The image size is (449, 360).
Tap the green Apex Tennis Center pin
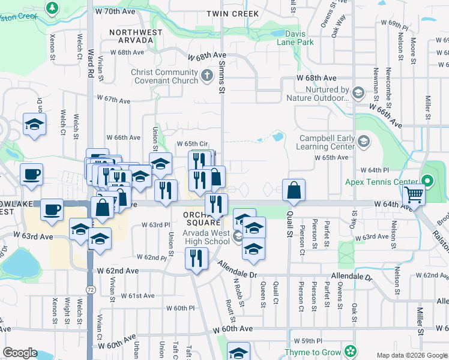pyautogui.click(x=427, y=181)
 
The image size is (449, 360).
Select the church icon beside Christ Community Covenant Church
pyautogui.click(x=207, y=76)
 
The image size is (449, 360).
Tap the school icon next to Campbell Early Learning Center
pyautogui.click(x=363, y=142)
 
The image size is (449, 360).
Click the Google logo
pyautogui.click(x=19, y=353)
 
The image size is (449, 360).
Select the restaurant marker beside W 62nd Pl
pyautogui.click(x=197, y=258)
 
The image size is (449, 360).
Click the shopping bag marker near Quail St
pyautogui.click(x=294, y=190)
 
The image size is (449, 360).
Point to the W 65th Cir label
pyautogui.click(x=192, y=144)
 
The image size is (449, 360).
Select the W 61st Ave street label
pyautogui.click(x=137, y=295)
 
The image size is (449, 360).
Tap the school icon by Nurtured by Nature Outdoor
pyautogui.click(x=358, y=92)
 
